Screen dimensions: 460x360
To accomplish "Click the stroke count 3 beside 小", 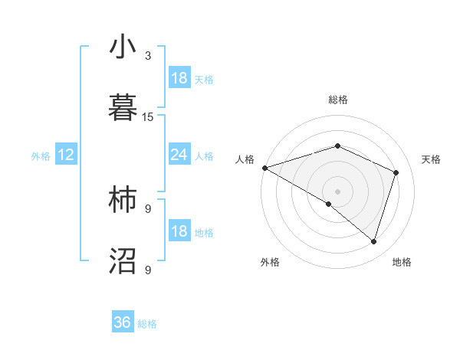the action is coord(148,56).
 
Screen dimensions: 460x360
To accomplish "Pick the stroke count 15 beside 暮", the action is coord(148,117).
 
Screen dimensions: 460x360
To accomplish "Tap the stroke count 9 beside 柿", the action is coord(148,208).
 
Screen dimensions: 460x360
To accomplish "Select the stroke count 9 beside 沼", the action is coord(148,270).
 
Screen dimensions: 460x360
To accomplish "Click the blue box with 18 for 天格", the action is coord(179,78).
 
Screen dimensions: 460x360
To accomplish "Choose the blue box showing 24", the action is coord(179,155).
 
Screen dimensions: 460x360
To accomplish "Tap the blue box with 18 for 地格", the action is coord(179,231).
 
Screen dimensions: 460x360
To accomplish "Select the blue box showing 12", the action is coord(66,155).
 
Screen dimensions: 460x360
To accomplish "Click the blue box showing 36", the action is coord(123,322).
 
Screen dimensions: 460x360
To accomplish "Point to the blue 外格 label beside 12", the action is coord(41,156).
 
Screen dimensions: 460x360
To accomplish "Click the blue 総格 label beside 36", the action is coord(147,324).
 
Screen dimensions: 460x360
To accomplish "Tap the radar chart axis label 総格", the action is coord(338,100).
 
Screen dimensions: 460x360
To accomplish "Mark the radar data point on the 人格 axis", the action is coord(264,168).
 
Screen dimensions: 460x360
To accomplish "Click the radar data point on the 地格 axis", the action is coord(373,241).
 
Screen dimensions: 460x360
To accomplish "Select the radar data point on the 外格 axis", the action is coord(329,204).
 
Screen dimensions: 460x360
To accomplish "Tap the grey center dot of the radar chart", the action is coord(338,191).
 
